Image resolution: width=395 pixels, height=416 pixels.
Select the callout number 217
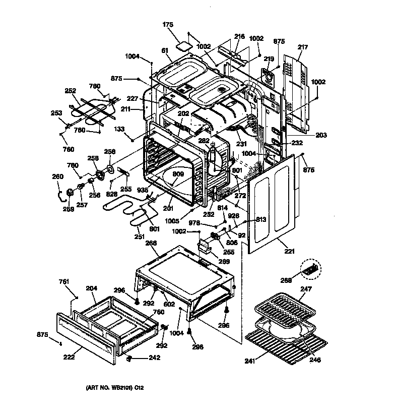coord(302,48)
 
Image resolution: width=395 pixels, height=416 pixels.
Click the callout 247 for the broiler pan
coord(306,289)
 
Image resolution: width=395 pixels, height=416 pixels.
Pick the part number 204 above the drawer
coord(91,289)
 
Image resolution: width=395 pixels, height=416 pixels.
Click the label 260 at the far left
coord(58,176)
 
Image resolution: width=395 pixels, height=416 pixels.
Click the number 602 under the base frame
coord(169,304)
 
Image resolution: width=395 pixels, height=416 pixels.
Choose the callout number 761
coord(63,281)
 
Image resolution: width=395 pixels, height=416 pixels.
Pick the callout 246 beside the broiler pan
coord(315,360)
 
